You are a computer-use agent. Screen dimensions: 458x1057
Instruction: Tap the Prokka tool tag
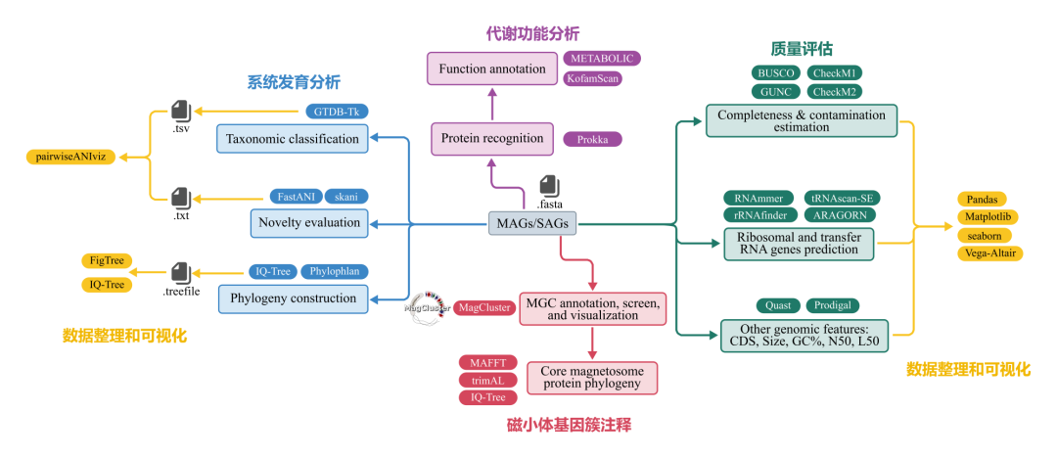(x=592, y=139)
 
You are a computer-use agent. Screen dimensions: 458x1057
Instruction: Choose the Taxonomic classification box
(x=293, y=139)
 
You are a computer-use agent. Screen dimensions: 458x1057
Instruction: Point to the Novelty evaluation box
(x=309, y=223)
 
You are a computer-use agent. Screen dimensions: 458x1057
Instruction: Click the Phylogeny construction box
(x=293, y=297)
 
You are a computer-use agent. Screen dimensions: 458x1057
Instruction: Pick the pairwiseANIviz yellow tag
(x=70, y=157)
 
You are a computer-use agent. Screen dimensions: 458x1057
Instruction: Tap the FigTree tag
(x=107, y=261)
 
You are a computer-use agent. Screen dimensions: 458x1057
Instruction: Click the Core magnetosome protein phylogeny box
(x=591, y=378)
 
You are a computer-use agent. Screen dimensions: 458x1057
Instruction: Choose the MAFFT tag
(x=487, y=363)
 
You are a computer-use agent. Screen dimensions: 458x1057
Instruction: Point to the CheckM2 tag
(x=835, y=92)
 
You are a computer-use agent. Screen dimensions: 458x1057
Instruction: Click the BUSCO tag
(x=776, y=73)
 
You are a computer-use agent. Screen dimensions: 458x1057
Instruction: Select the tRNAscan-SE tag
(x=838, y=198)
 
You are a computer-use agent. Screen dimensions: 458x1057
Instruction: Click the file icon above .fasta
(x=549, y=185)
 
